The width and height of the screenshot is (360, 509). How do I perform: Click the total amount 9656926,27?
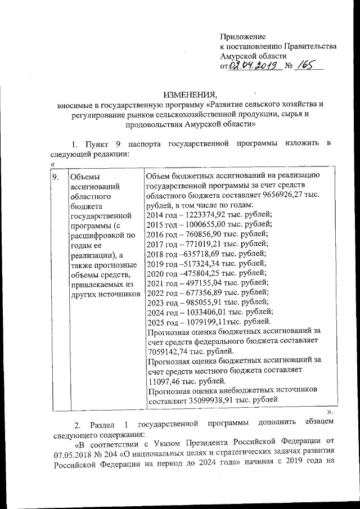pos(279,195)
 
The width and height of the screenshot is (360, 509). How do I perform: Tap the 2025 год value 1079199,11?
pos(204,322)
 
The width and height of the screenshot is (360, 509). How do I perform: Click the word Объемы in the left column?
pos(83,178)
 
